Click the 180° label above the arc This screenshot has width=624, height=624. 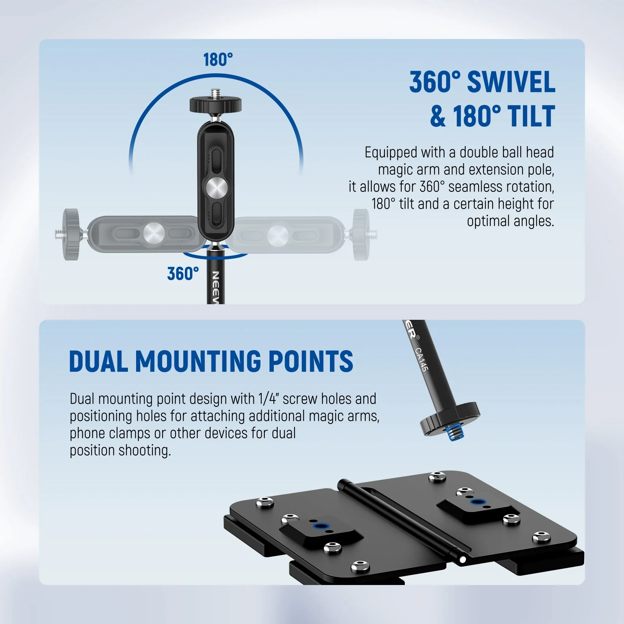pyautogui.click(x=218, y=60)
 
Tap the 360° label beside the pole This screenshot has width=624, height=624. pyautogui.click(x=183, y=273)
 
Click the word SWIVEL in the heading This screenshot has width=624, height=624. pyautogui.click(x=511, y=82)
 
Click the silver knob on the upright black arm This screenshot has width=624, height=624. pyautogui.click(x=217, y=188)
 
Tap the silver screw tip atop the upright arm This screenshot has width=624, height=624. pyautogui.click(x=215, y=93)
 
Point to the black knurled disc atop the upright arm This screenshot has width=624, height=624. pyautogui.click(x=215, y=105)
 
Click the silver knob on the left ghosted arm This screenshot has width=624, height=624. pyautogui.click(x=154, y=234)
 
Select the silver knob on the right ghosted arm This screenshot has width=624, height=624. pyautogui.click(x=278, y=235)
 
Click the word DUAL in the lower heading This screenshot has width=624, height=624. pyautogui.click(x=99, y=361)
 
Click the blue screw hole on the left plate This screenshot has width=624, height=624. pyautogui.click(x=320, y=526)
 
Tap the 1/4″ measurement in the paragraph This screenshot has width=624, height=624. pyautogui.click(x=268, y=399)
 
